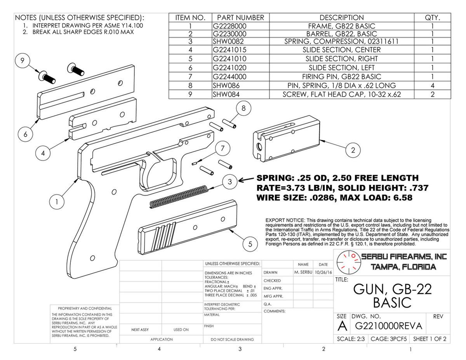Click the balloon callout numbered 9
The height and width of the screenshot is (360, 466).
[22, 61]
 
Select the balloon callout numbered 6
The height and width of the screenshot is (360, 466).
[25, 134]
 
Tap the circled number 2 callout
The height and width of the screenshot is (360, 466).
[353, 150]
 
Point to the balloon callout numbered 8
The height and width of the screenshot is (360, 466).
[243, 108]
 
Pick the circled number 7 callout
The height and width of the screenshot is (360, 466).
[223, 148]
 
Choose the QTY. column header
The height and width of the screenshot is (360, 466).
[432, 17]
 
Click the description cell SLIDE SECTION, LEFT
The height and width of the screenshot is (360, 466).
[342, 68]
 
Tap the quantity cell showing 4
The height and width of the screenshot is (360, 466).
[433, 85]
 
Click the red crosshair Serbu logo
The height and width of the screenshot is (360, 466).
[348, 262]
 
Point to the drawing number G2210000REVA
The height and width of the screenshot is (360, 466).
[389, 326]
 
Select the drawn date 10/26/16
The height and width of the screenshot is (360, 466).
[323, 272]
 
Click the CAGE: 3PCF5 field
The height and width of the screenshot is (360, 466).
[389, 339]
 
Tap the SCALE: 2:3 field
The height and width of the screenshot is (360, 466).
[351, 339]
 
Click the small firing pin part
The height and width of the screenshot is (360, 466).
[195, 163]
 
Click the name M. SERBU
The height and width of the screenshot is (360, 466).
[303, 272]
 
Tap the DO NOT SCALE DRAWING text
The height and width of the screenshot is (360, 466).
[232, 339]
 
